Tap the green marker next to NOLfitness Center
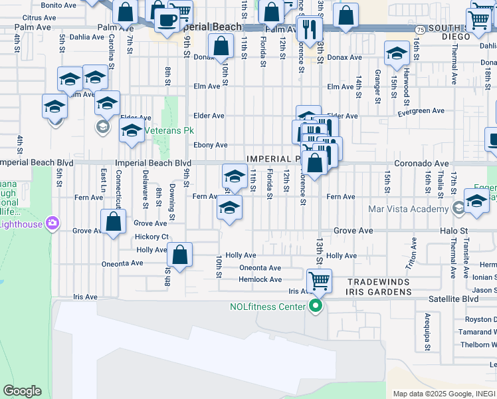tap(316, 306)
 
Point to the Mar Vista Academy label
tap(408, 209)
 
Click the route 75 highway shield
tap(421, 30)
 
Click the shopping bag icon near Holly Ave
tap(180, 254)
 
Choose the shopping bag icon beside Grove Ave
tap(114, 222)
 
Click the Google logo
tap(22, 391)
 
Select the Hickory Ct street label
tap(152, 237)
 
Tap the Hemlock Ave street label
tap(260, 279)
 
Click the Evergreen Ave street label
tap(421, 111)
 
